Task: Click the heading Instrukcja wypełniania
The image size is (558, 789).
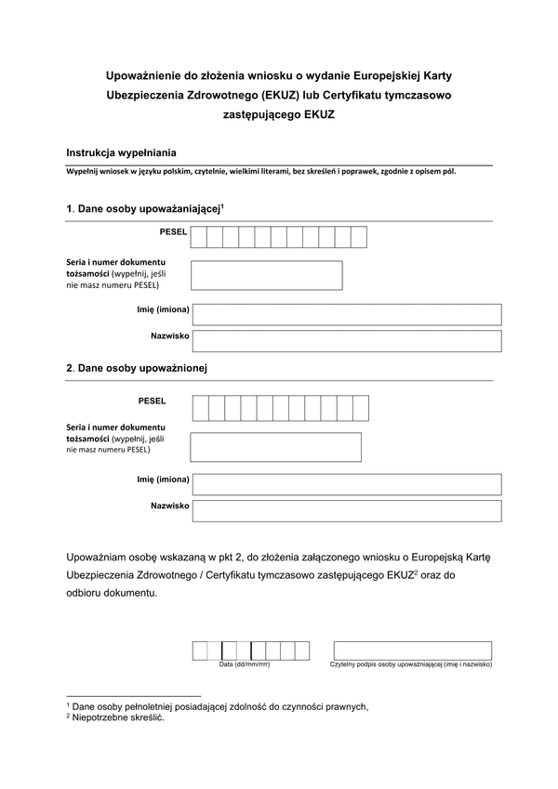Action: [x=121, y=151]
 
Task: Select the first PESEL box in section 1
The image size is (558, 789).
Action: [x=199, y=237]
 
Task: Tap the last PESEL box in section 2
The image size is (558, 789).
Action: [x=361, y=408]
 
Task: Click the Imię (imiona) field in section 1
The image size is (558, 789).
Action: [x=346, y=314]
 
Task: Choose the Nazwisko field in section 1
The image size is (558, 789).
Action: [x=346, y=341]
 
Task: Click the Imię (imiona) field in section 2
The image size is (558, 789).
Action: [x=346, y=484]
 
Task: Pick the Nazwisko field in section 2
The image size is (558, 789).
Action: [x=346, y=511]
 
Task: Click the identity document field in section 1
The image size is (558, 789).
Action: [x=267, y=275]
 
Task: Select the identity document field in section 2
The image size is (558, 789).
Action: [x=275, y=447]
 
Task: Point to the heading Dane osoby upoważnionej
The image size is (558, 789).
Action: [x=141, y=368]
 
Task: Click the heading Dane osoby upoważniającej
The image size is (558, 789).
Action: [x=147, y=210]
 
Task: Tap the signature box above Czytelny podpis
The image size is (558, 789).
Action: [x=412, y=651]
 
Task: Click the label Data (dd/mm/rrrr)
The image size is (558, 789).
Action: [x=245, y=665]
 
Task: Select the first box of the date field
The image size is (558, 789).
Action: [x=200, y=651]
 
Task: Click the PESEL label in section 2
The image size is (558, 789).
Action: [x=151, y=401]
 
